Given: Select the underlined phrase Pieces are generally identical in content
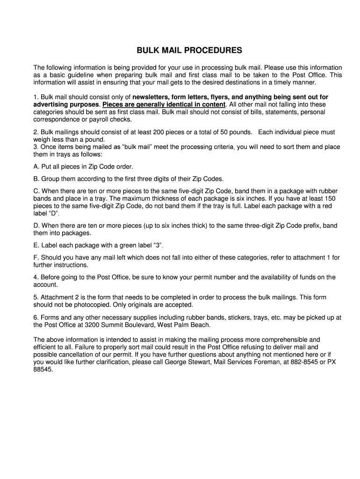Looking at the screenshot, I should point(164,104).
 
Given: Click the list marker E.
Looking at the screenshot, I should point(36,245).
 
